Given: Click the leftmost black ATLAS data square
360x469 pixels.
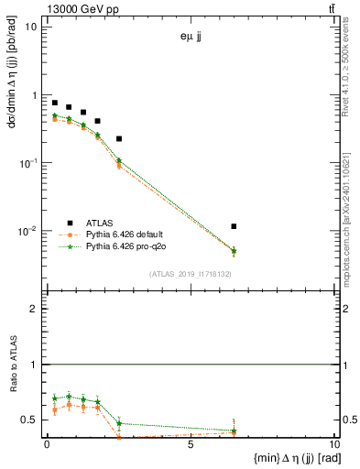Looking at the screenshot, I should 55,104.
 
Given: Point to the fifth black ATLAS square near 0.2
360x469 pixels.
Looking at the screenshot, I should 119,139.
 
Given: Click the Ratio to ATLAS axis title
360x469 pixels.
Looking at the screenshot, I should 12,365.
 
